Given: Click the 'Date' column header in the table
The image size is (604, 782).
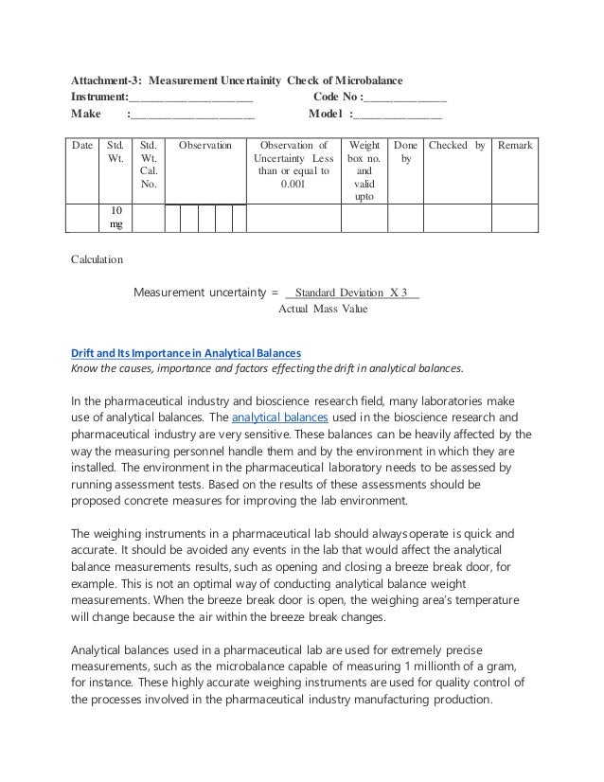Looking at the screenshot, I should point(82,146).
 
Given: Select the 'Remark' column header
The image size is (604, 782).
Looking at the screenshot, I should point(516,146).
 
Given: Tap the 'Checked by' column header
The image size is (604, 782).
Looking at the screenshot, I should point(457,146).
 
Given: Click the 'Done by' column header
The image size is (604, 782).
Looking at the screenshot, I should point(405,152).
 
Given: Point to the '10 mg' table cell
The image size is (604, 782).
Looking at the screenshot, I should point(115,216).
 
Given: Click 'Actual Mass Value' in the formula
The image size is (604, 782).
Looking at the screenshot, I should point(323,309).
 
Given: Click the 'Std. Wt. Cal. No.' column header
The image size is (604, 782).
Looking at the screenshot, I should point(149,165).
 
